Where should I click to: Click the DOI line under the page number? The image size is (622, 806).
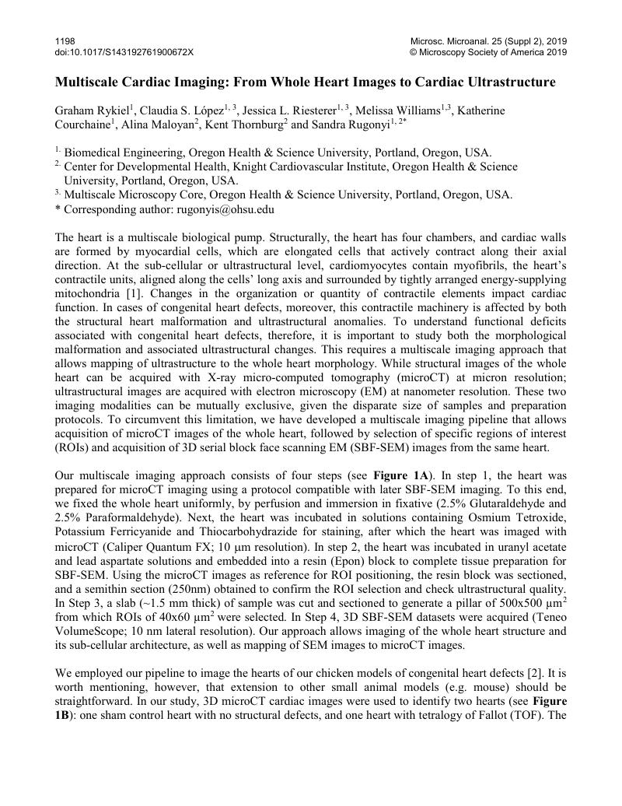coord(124,52)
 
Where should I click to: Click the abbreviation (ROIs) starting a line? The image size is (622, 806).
coord(72,447)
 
